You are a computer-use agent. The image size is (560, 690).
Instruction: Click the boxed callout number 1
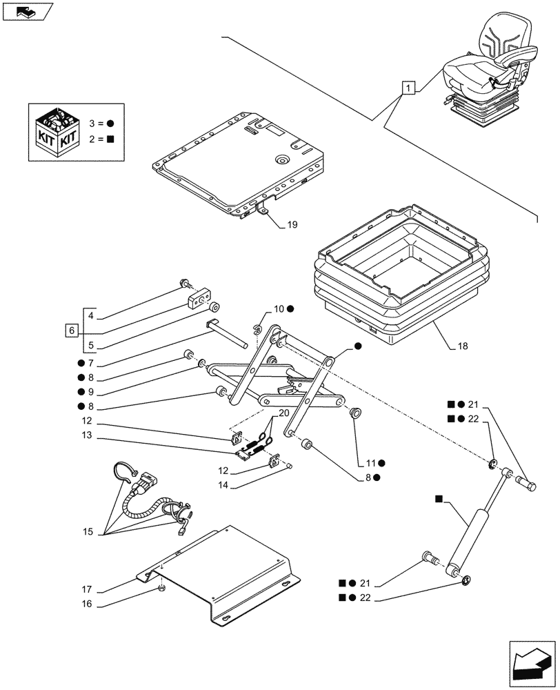click(409, 88)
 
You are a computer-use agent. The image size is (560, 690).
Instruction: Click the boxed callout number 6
click(72, 331)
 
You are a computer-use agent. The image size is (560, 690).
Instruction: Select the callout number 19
click(292, 225)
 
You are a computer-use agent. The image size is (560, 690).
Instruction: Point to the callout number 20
click(283, 413)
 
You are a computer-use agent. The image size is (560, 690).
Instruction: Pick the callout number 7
click(90, 363)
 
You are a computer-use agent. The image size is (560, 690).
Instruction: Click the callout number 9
click(90, 391)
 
